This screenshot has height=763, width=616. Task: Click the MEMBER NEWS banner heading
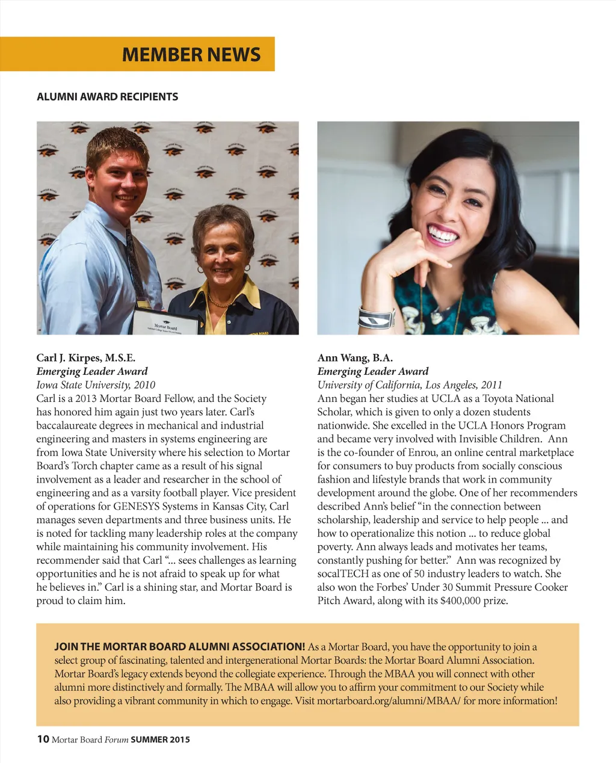tap(191, 55)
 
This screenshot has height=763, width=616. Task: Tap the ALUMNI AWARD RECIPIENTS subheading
tap(108, 97)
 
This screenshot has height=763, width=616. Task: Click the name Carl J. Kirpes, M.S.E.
tap(86, 358)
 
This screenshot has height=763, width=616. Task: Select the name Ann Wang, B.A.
tap(355, 358)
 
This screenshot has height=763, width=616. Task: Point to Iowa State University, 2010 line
tap(96, 385)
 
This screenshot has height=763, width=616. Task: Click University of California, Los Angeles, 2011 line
tap(410, 385)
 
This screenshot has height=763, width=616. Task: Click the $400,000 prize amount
tap(461, 601)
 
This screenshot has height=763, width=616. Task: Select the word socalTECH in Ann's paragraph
tap(343, 574)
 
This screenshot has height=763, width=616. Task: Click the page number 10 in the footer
tap(43, 739)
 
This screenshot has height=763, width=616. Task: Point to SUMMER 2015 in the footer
tap(160, 740)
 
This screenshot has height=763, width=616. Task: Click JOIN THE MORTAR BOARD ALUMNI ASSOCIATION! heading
tap(180, 647)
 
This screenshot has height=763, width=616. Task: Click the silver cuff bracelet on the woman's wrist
tap(376, 318)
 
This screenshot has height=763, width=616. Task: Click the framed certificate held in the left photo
tap(165, 323)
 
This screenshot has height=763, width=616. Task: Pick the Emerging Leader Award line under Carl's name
tap(91, 372)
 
